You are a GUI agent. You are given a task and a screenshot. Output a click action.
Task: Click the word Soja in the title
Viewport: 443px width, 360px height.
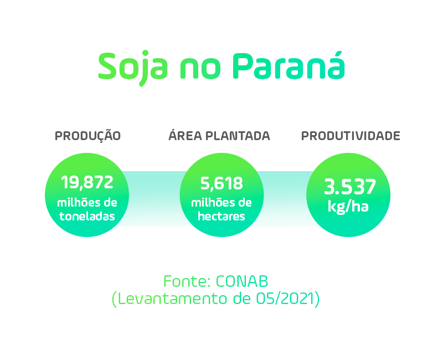pyautogui.click(x=133, y=68)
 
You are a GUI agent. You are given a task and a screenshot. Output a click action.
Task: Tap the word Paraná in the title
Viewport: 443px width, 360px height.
pyautogui.click(x=289, y=65)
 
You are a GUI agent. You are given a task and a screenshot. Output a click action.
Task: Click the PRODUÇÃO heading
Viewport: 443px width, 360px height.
pyautogui.click(x=87, y=135)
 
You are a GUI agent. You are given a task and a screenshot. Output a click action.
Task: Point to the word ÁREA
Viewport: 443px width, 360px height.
pyautogui.click(x=185, y=135)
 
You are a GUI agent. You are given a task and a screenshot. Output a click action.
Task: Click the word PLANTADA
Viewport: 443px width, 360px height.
pyautogui.click(x=238, y=136)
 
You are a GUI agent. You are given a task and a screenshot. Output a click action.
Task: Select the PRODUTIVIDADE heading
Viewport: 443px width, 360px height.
pyautogui.click(x=351, y=136)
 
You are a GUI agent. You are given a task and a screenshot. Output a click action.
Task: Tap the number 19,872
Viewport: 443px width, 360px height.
pyautogui.click(x=87, y=183)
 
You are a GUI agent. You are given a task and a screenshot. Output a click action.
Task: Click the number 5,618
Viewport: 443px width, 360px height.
pyautogui.click(x=221, y=183)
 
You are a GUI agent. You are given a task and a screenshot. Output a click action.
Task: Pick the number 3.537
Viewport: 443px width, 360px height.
pyautogui.click(x=350, y=187)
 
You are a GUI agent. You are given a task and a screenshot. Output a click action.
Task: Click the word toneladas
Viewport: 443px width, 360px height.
pyautogui.click(x=87, y=217)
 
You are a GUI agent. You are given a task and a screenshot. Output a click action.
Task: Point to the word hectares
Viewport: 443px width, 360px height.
pyautogui.click(x=221, y=217)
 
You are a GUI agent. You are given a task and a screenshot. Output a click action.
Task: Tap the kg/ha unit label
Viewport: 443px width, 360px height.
pyautogui.click(x=348, y=206)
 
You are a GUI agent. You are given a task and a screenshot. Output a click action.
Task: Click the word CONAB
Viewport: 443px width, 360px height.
pyautogui.click(x=242, y=281)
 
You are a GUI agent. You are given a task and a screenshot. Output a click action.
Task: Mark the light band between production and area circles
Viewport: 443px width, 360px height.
pyautogui.click(x=154, y=198)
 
